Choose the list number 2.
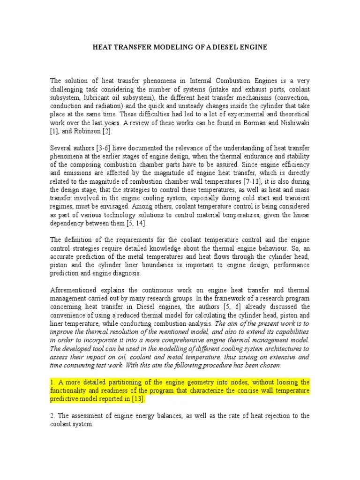[x=52, y=416]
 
